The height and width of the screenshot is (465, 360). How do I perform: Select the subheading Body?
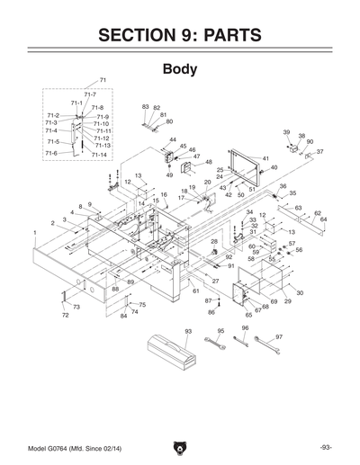[179, 69]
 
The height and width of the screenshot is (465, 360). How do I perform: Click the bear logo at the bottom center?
[180, 447]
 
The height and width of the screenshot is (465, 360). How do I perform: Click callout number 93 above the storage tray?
[188, 332]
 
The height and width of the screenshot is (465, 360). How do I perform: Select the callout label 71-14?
[101, 155]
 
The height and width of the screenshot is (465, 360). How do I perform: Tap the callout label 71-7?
[90, 94]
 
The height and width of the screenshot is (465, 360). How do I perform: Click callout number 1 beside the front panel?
[34, 232]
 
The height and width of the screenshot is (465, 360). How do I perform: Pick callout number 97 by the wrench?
[279, 336]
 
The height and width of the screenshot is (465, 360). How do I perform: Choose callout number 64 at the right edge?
[323, 219]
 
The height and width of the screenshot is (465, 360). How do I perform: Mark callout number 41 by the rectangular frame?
[265, 159]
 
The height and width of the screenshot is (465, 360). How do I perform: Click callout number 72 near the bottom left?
[65, 316]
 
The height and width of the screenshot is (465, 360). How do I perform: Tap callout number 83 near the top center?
[145, 107]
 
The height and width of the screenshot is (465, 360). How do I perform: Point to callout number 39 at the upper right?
[286, 132]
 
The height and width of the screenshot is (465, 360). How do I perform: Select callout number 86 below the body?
[211, 311]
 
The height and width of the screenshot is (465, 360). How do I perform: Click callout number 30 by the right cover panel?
[300, 293]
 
